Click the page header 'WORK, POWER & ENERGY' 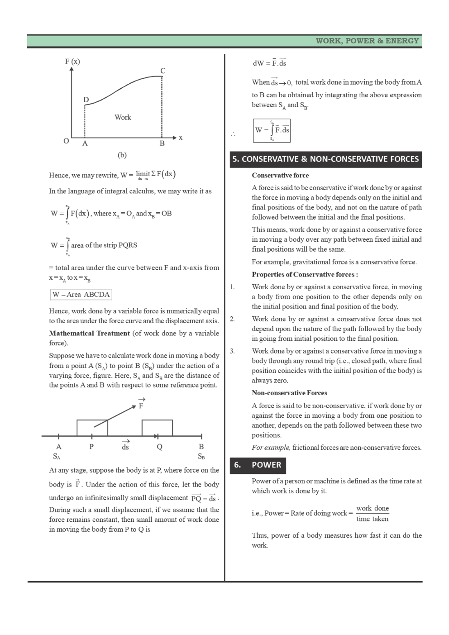367,41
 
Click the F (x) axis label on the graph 72,62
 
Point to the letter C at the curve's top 163,71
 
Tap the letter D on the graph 86,100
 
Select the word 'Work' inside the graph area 123,117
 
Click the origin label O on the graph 66,141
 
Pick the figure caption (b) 122,155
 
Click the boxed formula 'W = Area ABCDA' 81,295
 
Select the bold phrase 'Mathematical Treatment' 90,333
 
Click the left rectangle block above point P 92,428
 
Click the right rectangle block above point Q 157,428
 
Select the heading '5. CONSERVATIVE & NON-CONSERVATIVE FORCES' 325,159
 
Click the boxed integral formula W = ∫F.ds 272,130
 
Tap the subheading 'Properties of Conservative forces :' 305,274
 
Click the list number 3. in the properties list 232,351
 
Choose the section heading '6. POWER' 258,465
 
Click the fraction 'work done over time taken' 372,513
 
